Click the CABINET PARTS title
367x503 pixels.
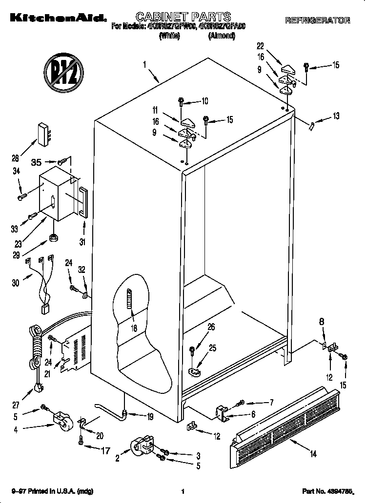176,17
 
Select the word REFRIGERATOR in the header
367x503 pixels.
317,20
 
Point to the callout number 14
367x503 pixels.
313,454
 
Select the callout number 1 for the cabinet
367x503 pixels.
145,64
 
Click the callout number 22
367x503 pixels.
260,46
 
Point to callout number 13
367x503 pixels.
335,116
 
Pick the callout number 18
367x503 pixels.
133,328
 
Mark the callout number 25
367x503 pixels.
212,348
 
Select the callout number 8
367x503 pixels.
322,321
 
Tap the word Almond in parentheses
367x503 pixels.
222,36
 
